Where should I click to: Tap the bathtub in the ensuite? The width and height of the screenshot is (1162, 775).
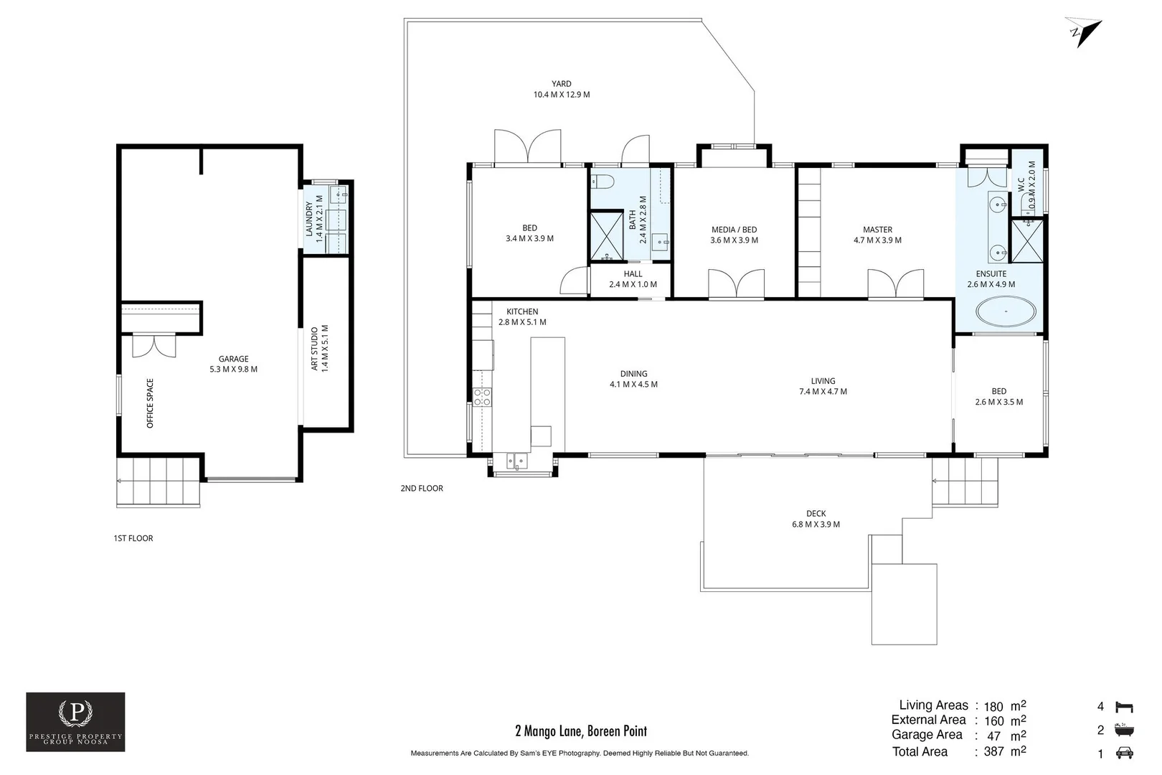pos(1005,313)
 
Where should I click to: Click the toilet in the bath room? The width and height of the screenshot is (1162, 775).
pos(602,181)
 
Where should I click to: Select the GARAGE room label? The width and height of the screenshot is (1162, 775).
pos(234,359)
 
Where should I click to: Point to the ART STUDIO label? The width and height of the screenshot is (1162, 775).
pos(314,349)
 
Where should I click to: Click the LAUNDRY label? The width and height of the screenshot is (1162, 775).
pos(310,220)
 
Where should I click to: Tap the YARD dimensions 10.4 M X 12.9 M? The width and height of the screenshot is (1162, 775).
pos(561,95)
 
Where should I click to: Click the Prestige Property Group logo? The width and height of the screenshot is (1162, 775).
pos(75,721)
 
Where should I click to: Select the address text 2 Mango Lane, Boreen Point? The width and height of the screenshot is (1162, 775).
pos(581,731)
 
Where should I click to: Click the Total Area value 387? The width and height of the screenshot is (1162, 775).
pos(993,752)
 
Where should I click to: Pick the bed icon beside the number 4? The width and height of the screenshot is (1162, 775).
pos(1125,707)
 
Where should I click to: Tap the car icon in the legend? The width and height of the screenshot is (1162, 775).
pos(1125,753)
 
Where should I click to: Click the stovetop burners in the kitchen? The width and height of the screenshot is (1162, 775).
pos(482,398)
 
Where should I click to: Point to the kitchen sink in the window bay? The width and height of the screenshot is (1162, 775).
pos(516,461)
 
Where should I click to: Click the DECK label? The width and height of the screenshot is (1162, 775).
pos(816,514)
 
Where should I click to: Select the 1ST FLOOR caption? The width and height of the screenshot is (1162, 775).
pos(133,538)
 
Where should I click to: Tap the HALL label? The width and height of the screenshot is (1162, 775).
pos(633,274)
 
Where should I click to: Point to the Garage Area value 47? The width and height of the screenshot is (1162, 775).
pos(993,736)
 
